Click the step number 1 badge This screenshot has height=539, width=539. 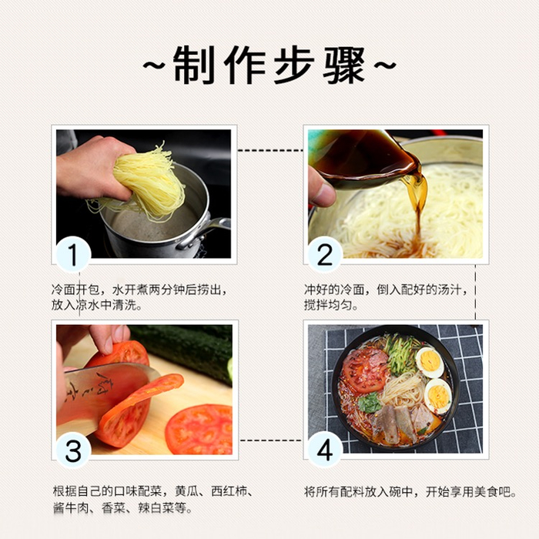[x=73, y=254]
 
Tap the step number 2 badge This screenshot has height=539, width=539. [x=325, y=254]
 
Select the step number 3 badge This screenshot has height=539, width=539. [x=73, y=450]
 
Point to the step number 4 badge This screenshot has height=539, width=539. [x=325, y=450]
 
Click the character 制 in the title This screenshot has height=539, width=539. [x=194, y=65]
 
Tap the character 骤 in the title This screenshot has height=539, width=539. [x=343, y=65]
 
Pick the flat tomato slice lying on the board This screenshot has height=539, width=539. [x=200, y=430]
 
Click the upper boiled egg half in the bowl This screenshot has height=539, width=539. [x=430, y=363]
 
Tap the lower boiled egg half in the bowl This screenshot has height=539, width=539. [x=437, y=396]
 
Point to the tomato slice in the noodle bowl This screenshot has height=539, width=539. [x=365, y=370]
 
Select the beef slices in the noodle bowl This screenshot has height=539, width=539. [x=402, y=422]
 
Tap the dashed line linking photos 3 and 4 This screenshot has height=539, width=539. [x=270, y=440]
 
